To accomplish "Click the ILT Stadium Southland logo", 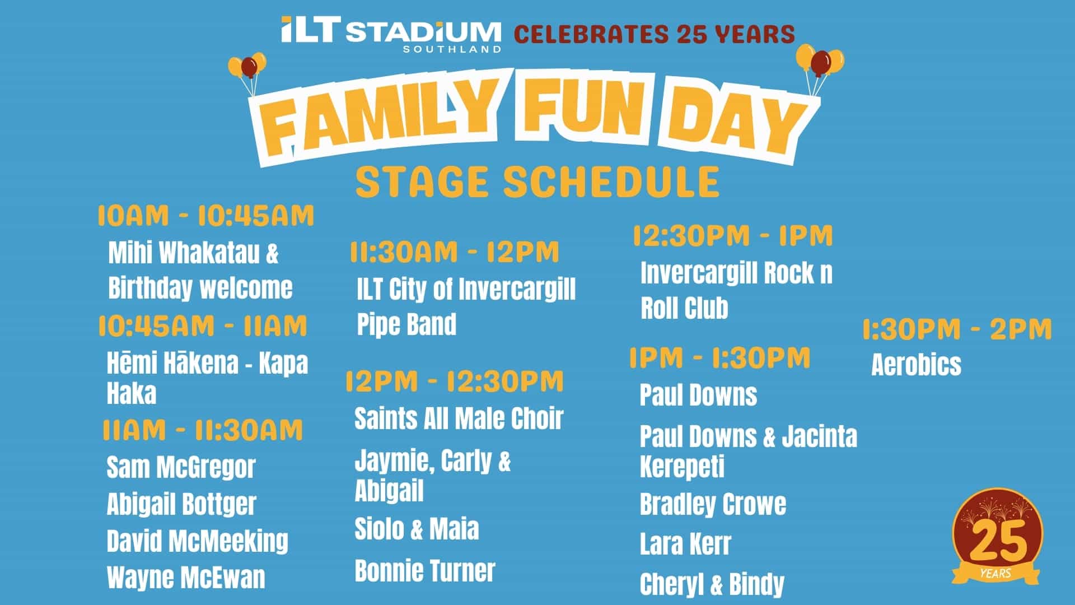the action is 391,34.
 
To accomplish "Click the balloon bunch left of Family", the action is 248,73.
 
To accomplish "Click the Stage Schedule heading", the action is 537,182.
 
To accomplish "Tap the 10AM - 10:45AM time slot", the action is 206,216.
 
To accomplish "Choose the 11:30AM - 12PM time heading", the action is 454,252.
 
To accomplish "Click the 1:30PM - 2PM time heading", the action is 957,329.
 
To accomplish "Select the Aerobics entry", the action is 916,365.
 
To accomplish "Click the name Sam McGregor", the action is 181,468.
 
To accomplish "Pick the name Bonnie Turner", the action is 425,571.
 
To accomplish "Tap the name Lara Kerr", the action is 685,544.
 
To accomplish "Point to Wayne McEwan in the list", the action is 186,578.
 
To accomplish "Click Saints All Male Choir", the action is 459,418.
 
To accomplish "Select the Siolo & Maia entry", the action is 417,529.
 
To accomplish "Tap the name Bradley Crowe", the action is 713,504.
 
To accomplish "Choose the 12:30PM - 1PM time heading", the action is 733,236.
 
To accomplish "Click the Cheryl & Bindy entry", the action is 712,584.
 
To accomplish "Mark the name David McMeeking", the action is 197,541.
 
